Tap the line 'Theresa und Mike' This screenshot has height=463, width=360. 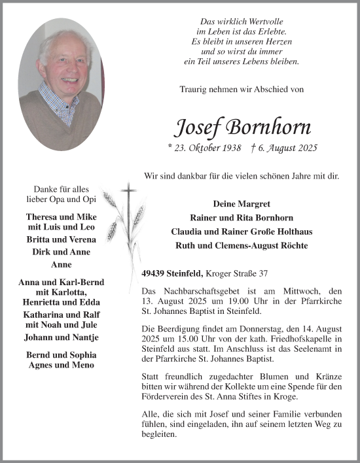coord(60,216)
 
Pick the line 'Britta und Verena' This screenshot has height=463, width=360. coord(60,240)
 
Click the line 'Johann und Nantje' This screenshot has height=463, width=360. coord(60,337)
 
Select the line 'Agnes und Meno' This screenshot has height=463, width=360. coord(60,364)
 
